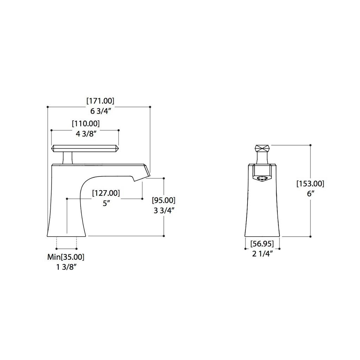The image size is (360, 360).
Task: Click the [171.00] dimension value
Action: (x=100, y=101)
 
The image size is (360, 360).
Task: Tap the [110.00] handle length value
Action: (x=86, y=123)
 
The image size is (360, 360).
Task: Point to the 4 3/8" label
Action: (x=86, y=134)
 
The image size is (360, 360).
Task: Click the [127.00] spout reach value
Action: (x=106, y=193)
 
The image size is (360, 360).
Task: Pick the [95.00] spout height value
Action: (x=164, y=200)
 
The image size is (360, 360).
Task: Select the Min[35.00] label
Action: (x=66, y=257)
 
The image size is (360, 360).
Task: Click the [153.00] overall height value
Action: (x=310, y=184)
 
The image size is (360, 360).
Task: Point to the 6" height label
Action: (x=311, y=194)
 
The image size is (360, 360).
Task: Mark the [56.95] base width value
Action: (x=262, y=244)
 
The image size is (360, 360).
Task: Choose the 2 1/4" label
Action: (x=262, y=254)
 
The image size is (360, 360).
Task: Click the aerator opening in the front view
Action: (x=262, y=178)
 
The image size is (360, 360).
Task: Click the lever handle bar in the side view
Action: (x=85, y=148)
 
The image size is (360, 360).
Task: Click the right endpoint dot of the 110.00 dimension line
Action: (x=118, y=130)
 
